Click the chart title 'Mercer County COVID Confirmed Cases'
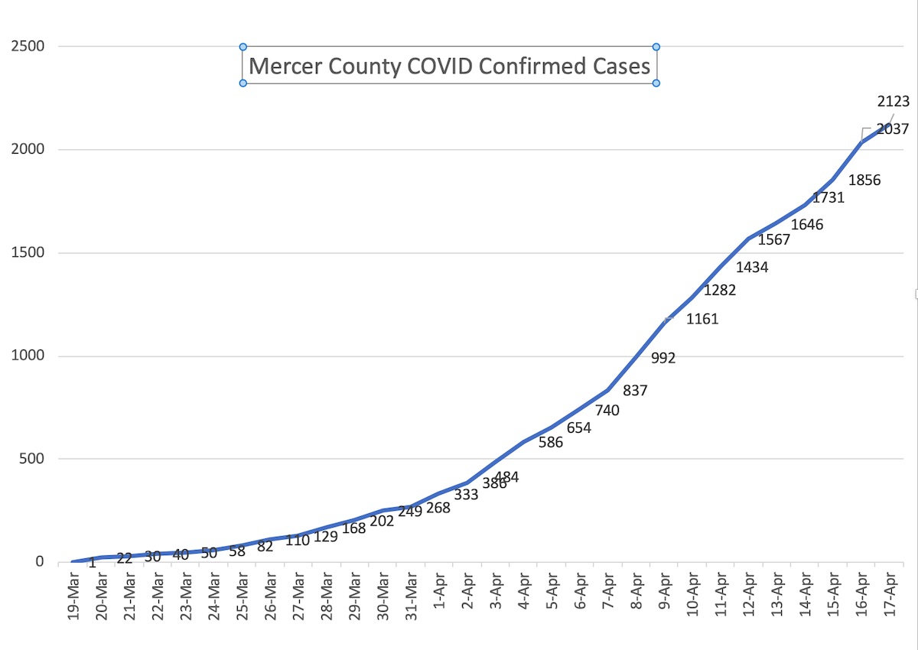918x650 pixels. point(450,66)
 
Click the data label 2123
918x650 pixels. point(893,101)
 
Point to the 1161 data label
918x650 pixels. point(702,320)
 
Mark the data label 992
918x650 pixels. point(663,357)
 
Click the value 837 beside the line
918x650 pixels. point(635,391)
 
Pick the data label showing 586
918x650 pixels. point(550,442)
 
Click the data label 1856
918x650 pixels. point(865,181)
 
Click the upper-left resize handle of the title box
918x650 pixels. point(243,47)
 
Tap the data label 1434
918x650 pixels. point(752,268)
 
